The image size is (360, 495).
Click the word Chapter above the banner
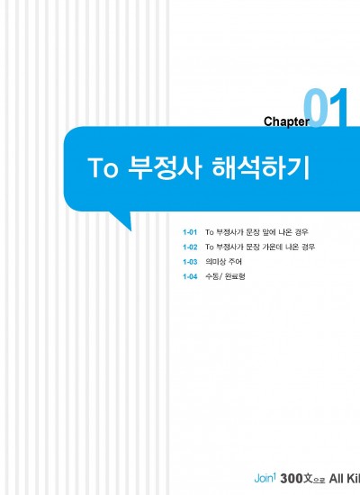(286, 121)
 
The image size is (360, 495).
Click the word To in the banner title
(103, 168)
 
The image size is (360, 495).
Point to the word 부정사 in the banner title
(164, 168)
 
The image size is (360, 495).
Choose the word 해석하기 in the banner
(260, 168)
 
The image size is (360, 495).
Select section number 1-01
(190, 232)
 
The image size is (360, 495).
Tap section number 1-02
(190, 247)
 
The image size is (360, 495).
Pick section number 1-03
(190, 262)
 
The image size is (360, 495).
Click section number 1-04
(190, 277)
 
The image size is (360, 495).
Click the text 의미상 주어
(223, 262)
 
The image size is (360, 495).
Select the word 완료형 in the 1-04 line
(235, 276)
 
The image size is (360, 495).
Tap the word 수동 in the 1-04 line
(212, 276)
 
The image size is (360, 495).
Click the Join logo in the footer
(265, 478)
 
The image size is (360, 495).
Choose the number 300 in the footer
(292, 479)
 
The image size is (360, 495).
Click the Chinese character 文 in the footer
(308, 479)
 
